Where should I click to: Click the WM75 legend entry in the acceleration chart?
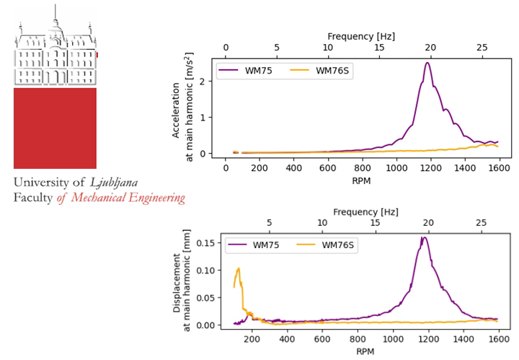click(245, 70)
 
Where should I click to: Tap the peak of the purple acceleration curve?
click(427, 63)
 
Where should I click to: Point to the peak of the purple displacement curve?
click(425, 237)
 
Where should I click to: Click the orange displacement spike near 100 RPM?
click(238, 269)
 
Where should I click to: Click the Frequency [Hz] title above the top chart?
click(361, 36)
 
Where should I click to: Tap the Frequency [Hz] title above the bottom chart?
click(365, 211)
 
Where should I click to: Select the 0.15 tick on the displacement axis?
click(208, 243)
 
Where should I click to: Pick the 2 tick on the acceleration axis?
click(210, 82)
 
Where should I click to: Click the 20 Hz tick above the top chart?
click(430, 48)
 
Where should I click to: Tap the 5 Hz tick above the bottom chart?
click(270, 222)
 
